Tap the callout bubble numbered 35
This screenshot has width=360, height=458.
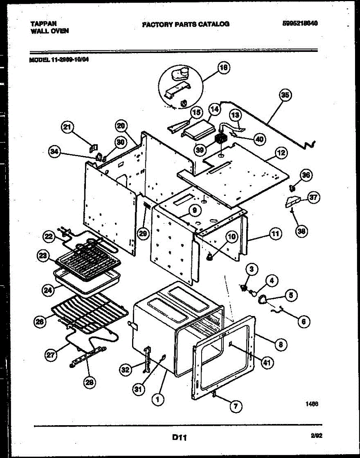285,95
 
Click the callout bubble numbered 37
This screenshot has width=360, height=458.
313,198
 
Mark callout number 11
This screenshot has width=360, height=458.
275,234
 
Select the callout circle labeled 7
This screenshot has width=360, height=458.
235,406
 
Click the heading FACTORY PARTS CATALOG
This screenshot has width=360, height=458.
186,24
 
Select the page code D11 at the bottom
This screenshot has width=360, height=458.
179,438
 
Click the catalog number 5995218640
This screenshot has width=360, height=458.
300,23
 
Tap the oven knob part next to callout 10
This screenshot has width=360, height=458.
209,258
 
